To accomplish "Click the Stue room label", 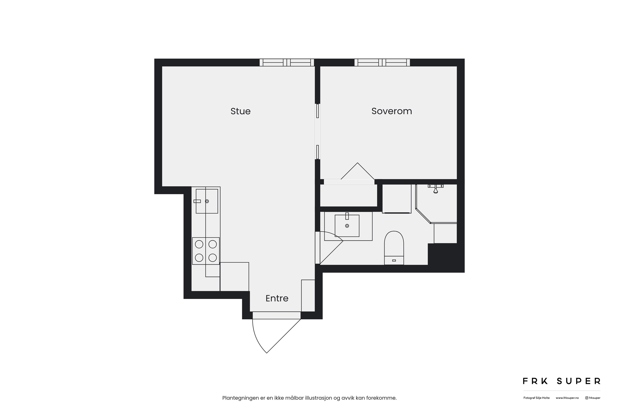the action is (x=241, y=111).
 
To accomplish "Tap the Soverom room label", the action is (x=392, y=111).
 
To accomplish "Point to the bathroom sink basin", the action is (x=347, y=225).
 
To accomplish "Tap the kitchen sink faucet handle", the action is (x=197, y=201).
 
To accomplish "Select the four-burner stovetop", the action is (x=206, y=251).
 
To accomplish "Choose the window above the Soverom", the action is (x=382, y=63).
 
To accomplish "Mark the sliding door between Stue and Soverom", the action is (x=318, y=131).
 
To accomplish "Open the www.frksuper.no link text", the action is (x=567, y=398).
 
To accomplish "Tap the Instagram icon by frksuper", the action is (x=587, y=398).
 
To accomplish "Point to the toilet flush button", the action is (x=394, y=260).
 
